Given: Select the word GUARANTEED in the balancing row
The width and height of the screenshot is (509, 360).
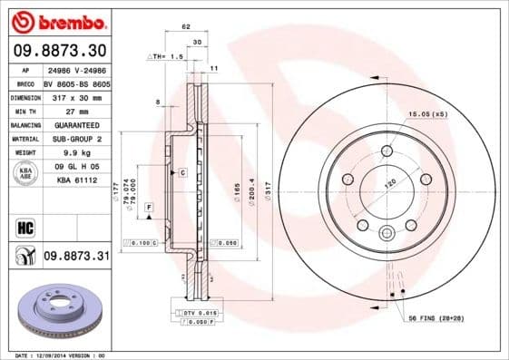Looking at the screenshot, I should pyautogui.click(x=75, y=123).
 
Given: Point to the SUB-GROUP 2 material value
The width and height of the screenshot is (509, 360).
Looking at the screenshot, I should pyautogui.click(x=75, y=139).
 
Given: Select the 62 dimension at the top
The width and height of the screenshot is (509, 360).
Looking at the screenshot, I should pyautogui.click(x=185, y=28).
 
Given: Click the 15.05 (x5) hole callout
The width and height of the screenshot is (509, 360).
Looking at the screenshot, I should pyautogui.click(x=427, y=115).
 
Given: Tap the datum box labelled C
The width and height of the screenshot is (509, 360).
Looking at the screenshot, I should pyautogui.click(x=181, y=172).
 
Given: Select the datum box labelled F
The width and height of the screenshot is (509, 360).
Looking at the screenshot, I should pyautogui.click(x=148, y=209).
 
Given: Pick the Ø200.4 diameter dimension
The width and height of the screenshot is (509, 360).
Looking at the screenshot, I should pyautogui.click(x=252, y=193).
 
